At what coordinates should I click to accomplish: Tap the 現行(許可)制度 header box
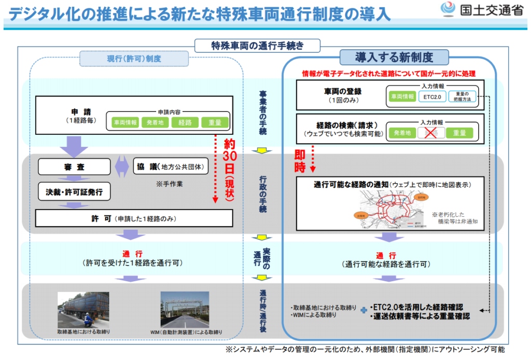[x=134, y=59]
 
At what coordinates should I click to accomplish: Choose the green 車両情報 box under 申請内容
[x=124, y=123]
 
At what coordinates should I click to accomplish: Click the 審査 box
[x=74, y=167]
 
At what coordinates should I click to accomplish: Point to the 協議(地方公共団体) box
[x=169, y=167]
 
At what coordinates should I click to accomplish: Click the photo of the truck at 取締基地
[x=83, y=310]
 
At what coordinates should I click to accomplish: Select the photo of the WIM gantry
[x=185, y=310]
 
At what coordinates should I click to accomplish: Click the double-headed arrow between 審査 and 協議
[x=121, y=167]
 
